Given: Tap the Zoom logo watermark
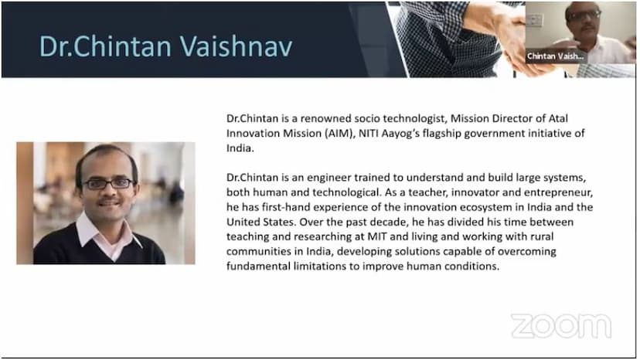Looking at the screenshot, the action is pos(561,326).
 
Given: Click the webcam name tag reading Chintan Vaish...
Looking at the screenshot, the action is pos(555,56).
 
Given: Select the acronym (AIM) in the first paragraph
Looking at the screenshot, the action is pos(339,134).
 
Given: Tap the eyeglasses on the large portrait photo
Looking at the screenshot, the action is pos(108,184).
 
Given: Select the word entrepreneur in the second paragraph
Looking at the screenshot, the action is pos(558,192).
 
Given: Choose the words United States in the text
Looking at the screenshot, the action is pos(261,222).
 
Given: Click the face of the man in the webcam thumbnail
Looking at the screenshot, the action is pos(583,20).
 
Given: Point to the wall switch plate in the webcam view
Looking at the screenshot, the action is pos(534,19).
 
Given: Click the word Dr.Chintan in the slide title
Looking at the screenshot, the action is pos(105,46).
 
